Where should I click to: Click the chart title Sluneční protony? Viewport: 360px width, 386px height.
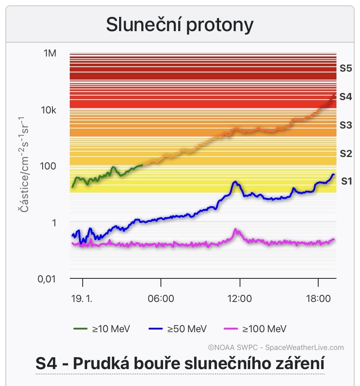[180, 25]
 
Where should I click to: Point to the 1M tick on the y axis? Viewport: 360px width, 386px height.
[50, 54]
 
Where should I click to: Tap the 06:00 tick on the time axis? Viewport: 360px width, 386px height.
[161, 298]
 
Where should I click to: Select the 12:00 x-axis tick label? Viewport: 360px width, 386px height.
[240, 298]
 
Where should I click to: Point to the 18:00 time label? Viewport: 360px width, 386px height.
[318, 298]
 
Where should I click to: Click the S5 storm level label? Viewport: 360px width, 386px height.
[346, 68]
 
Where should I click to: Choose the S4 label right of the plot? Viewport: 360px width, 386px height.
[346, 96]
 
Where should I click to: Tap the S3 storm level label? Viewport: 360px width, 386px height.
[346, 125]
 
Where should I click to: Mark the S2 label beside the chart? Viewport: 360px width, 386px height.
[346, 153]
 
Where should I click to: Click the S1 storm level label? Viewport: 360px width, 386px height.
[347, 181]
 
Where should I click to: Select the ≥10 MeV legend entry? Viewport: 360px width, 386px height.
[102, 329]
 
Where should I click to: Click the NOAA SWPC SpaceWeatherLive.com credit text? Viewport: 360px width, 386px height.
[276, 348]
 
